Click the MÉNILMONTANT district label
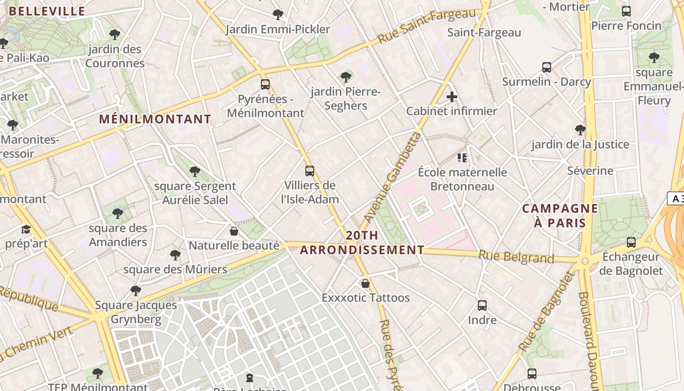(155, 119)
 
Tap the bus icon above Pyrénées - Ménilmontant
(265, 85)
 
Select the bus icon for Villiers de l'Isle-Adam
(310, 171)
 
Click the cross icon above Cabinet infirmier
(452, 97)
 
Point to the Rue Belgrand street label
(516, 257)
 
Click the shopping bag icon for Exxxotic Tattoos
(365, 283)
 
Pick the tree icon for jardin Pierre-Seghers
(346, 77)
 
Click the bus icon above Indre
(482, 305)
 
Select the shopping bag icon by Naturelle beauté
(234, 231)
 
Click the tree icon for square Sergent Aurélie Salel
(195, 171)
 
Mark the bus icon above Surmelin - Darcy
(547, 67)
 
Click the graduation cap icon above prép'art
(26, 229)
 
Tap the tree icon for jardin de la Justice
(580, 130)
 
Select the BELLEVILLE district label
(47, 11)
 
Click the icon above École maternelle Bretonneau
(462, 157)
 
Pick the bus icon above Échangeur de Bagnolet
(631, 242)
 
